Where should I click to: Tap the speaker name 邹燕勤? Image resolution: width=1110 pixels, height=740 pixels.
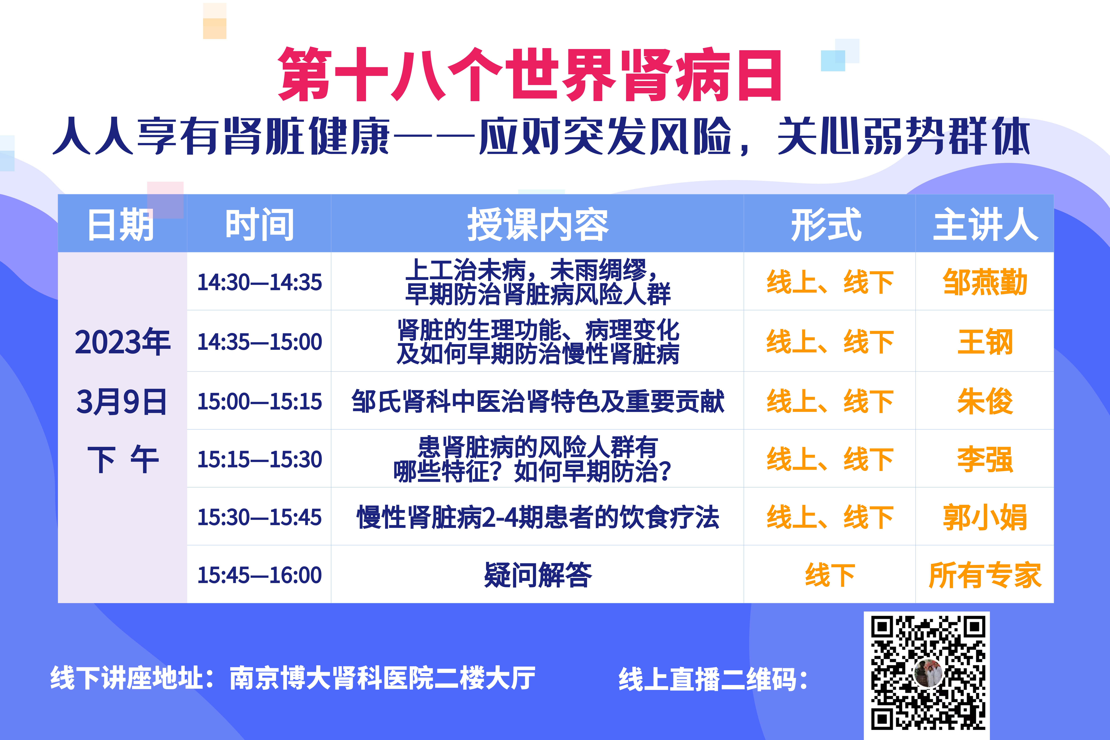(x=985, y=282)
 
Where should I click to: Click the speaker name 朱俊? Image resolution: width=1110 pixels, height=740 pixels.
(x=985, y=401)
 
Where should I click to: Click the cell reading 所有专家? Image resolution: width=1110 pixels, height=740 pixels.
(x=985, y=575)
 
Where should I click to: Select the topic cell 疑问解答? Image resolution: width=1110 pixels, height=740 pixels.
(x=537, y=575)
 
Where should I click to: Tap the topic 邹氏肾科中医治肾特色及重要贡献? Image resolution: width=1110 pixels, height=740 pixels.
(x=537, y=401)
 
